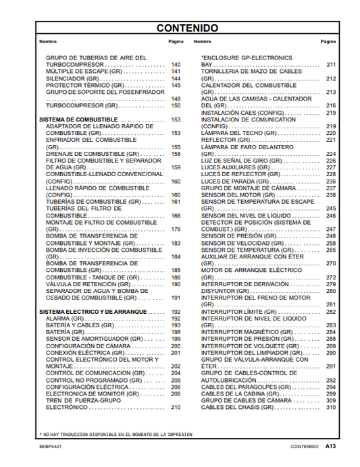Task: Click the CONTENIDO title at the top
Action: pyautogui.click(x=187, y=28)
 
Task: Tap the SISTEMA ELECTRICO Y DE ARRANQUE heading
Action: pyautogui.click(x=83, y=311)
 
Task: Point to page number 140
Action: pyautogui.click(x=176, y=65)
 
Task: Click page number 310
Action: pyautogui.click(x=331, y=408)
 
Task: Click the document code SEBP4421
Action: pyautogui.click(x=52, y=446)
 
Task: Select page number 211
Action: pyautogui.click(x=331, y=65)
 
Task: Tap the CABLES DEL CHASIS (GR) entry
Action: pyautogui.click(x=239, y=408)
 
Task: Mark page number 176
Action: pyautogui.click(x=176, y=229)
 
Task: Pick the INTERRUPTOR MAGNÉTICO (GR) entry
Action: pyautogui.click(x=246, y=332)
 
